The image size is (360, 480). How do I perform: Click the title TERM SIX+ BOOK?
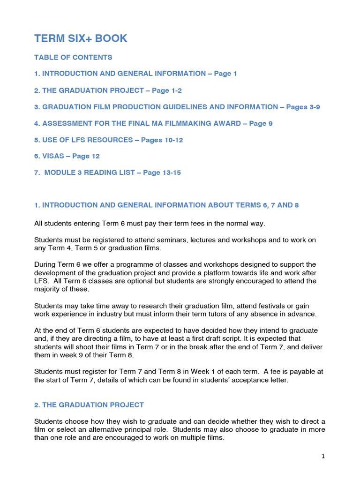click(81, 38)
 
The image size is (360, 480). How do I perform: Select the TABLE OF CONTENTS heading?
click(73, 57)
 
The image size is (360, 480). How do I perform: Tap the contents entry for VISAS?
click(67, 156)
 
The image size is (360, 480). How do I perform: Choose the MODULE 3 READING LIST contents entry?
click(107, 172)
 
